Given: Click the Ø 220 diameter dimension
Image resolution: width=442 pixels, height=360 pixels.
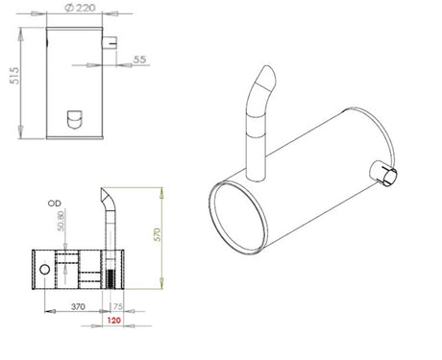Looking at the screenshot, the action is (x=80, y=8).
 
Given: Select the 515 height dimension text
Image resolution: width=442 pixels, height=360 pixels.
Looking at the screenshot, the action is (x=15, y=76).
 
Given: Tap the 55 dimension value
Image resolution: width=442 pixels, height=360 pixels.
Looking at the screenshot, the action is (x=139, y=60).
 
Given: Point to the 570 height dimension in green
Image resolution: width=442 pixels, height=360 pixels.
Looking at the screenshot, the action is (x=158, y=234).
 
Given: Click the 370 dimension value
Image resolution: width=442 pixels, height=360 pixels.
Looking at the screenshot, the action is (x=78, y=306).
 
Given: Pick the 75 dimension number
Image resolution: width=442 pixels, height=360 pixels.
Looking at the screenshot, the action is (x=117, y=306).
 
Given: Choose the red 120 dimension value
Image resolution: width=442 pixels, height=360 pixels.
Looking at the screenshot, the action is (x=114, y=320).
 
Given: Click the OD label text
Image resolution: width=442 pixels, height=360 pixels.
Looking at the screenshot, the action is (x=55, y=204).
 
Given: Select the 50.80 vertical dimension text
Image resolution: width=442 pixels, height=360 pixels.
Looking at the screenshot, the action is (x=61, y=221).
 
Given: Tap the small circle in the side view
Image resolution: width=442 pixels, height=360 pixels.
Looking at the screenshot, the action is (x=44, y=270).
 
